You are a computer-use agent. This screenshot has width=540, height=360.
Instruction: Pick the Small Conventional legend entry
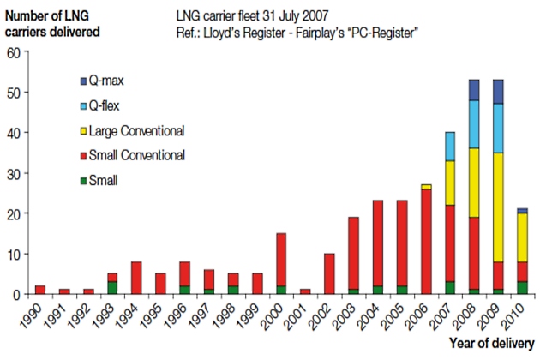tap(138, 155)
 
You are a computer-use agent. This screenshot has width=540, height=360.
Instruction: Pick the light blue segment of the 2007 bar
tap(450, 147)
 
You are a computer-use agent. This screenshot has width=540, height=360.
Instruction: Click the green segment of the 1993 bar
tap(112, 288)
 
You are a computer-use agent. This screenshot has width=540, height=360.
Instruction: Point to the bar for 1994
tap(136, 278)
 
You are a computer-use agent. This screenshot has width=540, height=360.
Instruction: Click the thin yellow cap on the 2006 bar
tap(426, 186)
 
